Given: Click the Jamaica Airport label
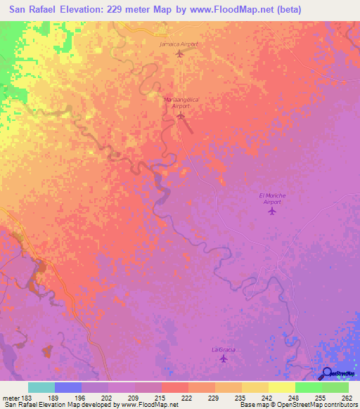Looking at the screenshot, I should click(179, 44).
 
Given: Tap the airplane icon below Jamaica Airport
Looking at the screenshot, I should click(179, 53).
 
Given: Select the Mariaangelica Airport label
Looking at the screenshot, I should click(181, 103).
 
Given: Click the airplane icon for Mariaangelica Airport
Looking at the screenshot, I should click(181, 115).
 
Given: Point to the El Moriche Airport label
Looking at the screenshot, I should click(271, 198).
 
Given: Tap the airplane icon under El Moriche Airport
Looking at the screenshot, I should click(272, 210).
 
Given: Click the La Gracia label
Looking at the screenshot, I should click(223, 349).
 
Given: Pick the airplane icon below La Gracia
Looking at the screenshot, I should click(224, 359).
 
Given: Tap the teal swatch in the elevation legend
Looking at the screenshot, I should click(41, 387).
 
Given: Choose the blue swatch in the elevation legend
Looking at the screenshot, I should click(68, 387).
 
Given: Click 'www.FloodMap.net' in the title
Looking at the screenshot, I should click(238, 10).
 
